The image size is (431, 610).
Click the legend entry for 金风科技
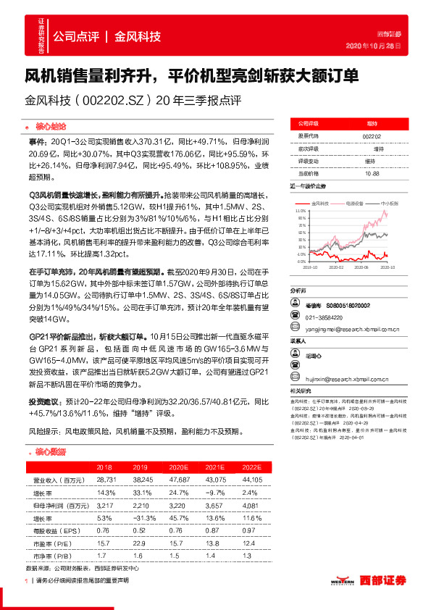coord(320,204)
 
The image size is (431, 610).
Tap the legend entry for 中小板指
coord(388,204)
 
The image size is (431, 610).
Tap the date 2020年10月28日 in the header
coord(374,45)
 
